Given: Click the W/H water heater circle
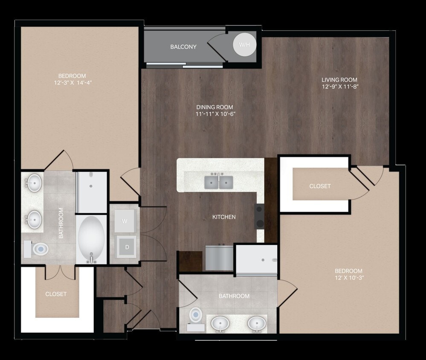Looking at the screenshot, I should pyautogui.click(x=245, y=44).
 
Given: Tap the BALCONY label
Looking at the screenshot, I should pyautogui.click(x=183, y=47).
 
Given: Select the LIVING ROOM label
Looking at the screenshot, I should pyautogui.click(x=339, y=80).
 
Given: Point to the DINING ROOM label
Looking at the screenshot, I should pyautogui.click(x=215, y=107).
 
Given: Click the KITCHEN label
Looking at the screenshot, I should pyautogui.click(x=224, y=217).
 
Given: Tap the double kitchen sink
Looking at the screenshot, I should pyautogui.click(x=218, y=182).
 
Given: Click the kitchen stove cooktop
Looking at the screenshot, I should pyautogui.click(x=259, y=216).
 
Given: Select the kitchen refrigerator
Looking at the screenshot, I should pyautogui.click(x=219, y=258).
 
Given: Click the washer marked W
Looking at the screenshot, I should pyautogui.click(x=125, y=221).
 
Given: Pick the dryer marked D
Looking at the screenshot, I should pyautogui.click(x=126, y=246).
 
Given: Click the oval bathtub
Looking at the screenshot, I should pyautogui.click(x=91, y=238).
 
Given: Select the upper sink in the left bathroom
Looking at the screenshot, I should pyautogui.click(x=34, y=183).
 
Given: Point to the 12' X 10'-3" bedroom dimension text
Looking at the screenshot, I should pyautogui.click(x=348, y=278).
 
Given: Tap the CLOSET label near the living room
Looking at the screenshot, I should pyautogui.click(x=320, y=186).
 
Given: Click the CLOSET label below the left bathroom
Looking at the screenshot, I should pyautogui.click(x=56, y=294).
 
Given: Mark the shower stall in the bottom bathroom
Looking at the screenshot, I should pyautogui.click(x=257, y=259).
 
